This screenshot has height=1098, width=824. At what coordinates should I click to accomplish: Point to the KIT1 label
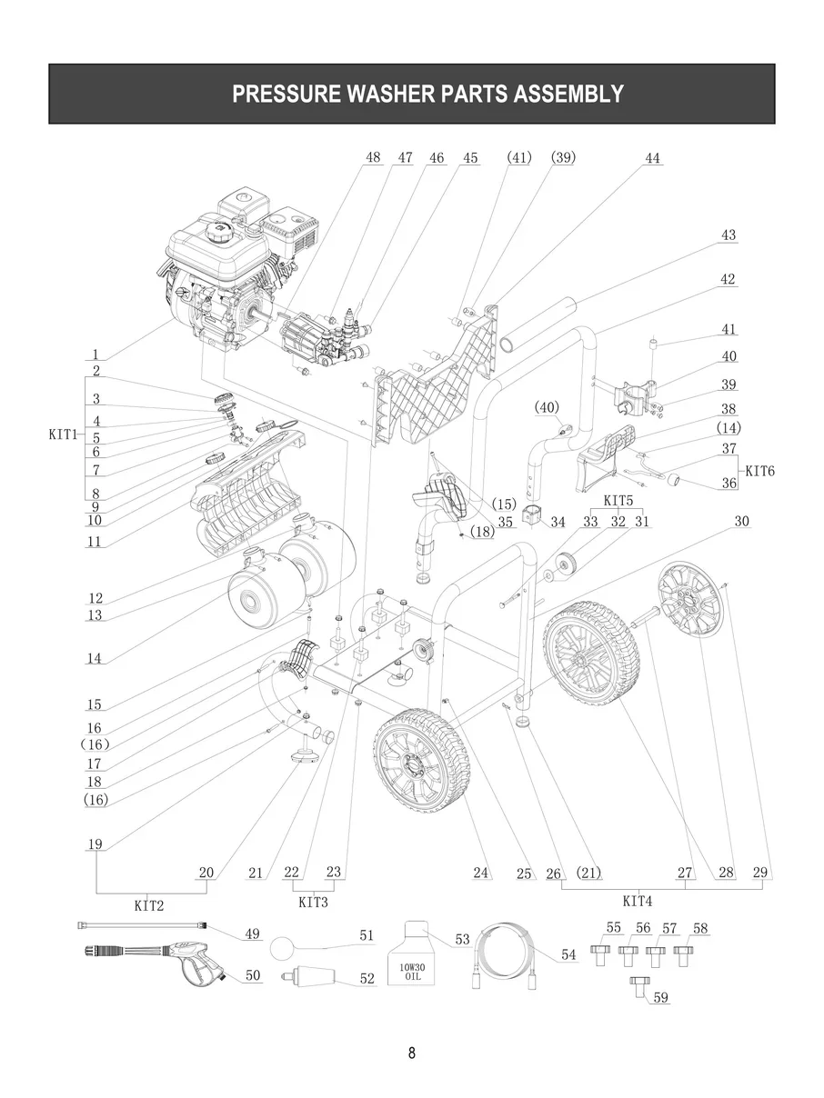[x=63, y=434]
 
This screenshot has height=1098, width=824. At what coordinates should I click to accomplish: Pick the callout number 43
[x=728, y=235]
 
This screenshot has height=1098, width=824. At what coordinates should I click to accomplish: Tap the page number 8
[x=411, y=1053]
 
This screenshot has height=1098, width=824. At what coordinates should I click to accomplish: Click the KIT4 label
[x=637, y=902]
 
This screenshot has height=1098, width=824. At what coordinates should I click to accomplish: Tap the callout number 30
[x=741, y=522]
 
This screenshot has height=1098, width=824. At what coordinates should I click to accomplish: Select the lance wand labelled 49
[x=136, y=924]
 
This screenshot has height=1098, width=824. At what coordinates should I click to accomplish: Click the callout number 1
[x=95, y=354]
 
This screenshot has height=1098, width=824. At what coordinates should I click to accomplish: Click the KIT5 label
[x=618, y=501]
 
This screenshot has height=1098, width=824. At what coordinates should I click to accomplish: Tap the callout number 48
[x=373, y=157]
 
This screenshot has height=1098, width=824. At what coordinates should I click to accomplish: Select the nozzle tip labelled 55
[x=599, y=955]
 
